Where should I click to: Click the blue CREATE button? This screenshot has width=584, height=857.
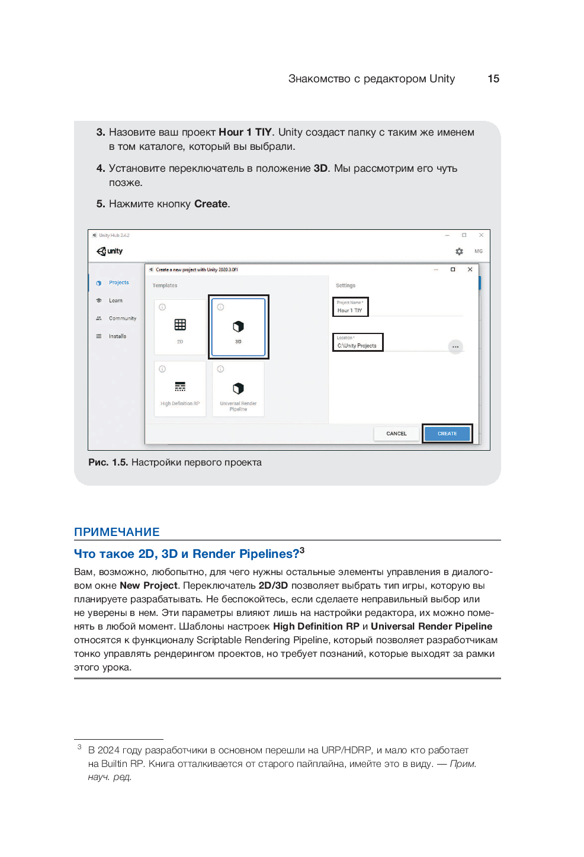[447, 434]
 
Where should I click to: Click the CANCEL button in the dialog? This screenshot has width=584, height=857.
[396, 434]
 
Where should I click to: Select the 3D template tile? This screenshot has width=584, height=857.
[238, 327]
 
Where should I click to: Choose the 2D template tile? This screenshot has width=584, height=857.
[180, 327]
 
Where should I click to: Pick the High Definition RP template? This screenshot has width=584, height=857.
[180, 390]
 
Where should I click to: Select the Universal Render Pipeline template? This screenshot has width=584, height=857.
[238, 390]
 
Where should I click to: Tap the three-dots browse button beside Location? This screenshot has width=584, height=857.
[455, 346]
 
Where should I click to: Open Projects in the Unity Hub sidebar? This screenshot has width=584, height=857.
[118, 283]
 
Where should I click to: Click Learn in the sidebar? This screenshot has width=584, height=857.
[115, 300]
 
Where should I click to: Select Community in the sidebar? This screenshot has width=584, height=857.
[122, 318]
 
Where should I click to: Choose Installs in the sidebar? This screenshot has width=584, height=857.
[117, 336]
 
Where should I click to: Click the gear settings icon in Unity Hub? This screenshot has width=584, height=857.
[459, 251]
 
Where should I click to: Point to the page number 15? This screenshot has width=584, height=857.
[493, 79]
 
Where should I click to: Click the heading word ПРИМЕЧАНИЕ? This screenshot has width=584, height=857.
[117, 532]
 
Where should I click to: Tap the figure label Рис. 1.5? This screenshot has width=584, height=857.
[108, 462]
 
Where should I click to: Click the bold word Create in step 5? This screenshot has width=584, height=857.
[211, 204]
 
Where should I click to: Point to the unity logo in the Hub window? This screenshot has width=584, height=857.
[110, 251]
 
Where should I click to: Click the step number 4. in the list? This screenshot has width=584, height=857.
[101, 168]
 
